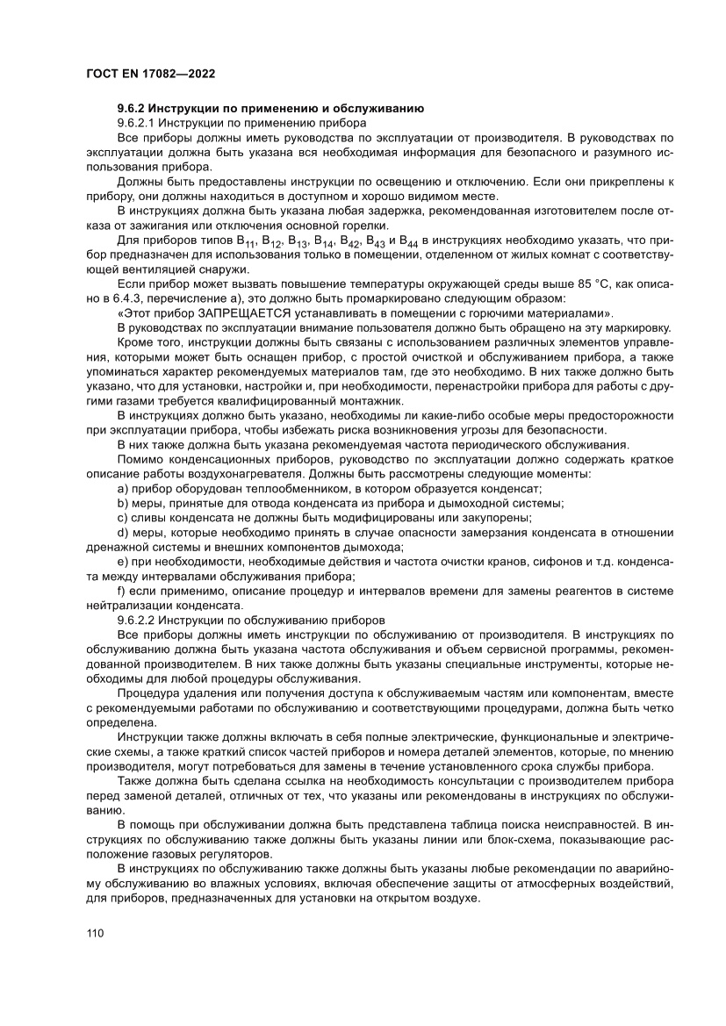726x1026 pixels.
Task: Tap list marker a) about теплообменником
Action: (x=122, y=488)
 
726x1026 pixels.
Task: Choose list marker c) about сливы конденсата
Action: (x=122, y=517)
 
